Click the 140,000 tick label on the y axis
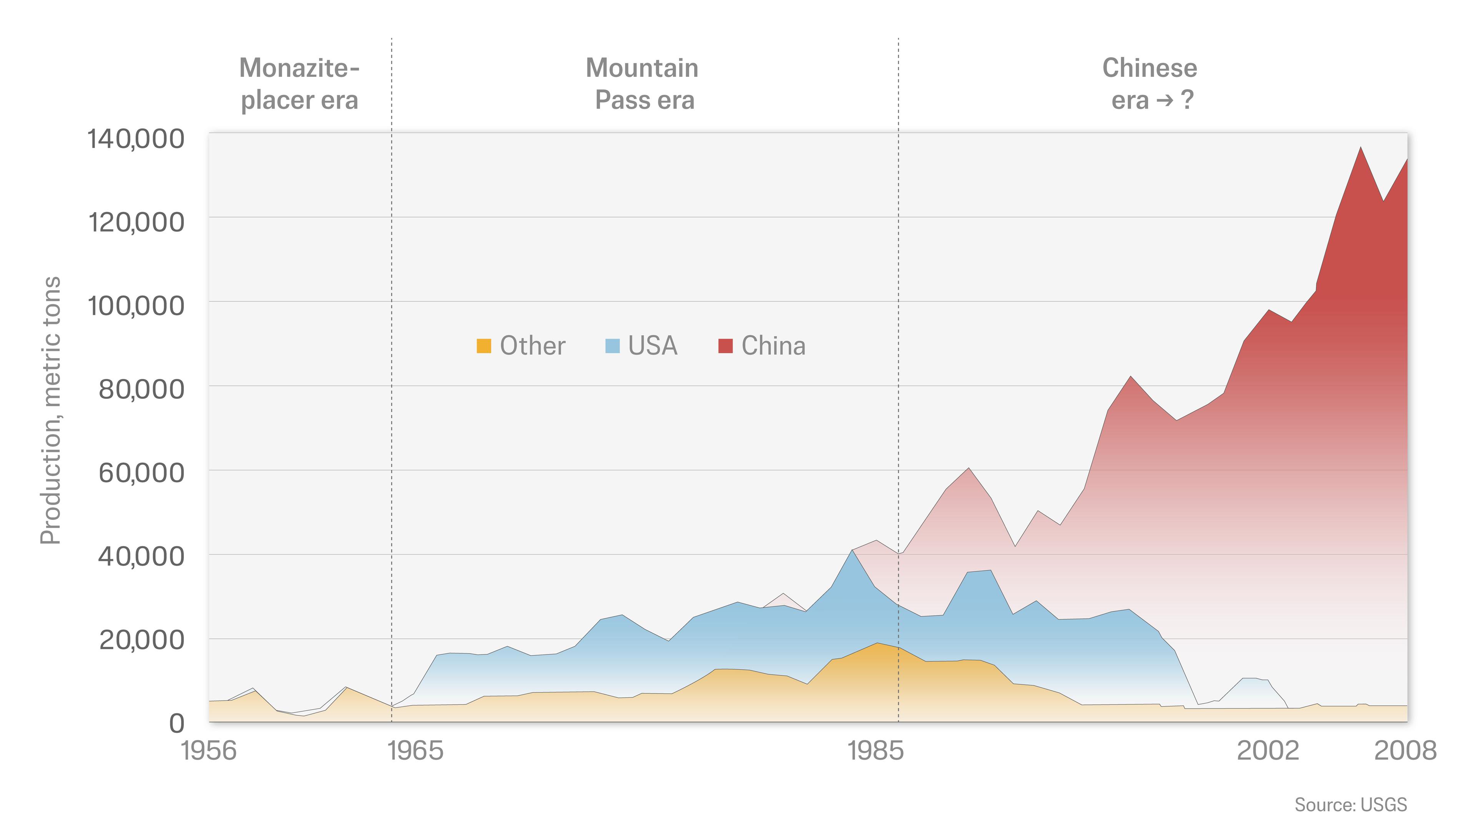[136, 139]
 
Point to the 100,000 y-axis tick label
[136, 306]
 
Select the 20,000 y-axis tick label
[141, 640]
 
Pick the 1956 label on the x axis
[209, 751]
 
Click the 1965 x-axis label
[416, 751]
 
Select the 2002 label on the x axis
[1267, 751]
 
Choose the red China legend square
[725, 346]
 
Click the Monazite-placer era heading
[299, 84]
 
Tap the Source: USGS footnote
[1351, 804]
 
